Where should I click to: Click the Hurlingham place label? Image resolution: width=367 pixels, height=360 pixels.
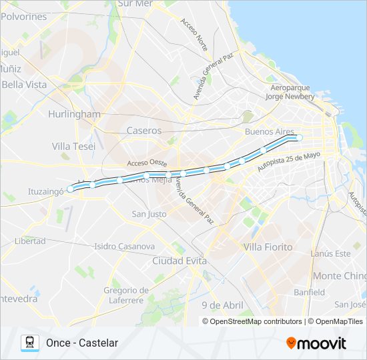pos(74,114)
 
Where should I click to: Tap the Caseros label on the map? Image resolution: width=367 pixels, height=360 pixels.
pos(144,131)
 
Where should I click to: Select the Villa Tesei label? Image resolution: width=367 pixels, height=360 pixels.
pos(73,146)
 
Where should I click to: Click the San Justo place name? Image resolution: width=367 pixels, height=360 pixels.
pos(149,214)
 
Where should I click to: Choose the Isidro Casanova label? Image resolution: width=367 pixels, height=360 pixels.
pos(125,246)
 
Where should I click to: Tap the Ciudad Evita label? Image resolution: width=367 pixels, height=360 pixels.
pos(179,261)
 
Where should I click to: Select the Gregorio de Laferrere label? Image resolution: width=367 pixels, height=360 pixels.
pos(126,295)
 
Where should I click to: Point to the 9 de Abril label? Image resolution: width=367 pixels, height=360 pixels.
pos(222,305)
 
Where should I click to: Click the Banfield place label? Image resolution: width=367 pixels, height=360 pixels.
pos(309,292)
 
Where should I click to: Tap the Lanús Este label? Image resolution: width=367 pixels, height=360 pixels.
pos(330,253)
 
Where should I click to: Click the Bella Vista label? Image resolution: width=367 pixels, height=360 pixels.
pos(25,85)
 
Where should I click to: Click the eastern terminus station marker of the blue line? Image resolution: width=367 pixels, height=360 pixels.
pos(299,138)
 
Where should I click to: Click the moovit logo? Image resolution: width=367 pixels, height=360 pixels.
pos(316,343)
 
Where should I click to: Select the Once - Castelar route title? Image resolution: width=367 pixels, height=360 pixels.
pos(82,343)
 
